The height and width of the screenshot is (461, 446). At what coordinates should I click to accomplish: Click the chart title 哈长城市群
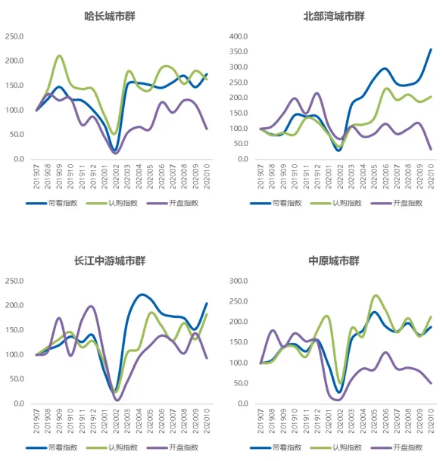(x=115, y=16)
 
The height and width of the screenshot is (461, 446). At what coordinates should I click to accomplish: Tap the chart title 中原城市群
(x=334, y=260)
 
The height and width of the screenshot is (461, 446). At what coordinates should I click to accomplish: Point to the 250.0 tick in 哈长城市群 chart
(x=14, y=36)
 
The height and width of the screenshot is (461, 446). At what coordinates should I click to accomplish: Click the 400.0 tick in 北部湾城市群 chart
(x=239, y=36)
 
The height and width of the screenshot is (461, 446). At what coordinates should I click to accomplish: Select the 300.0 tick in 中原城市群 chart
(x=239, y=281)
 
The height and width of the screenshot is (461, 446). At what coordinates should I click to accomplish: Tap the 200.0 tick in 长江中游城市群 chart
(x=14, y=306)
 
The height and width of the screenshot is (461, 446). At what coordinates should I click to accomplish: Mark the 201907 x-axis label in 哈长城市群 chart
(x=36, y=173)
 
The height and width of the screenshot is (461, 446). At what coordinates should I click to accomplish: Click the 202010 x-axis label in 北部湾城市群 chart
(x=432, y=173)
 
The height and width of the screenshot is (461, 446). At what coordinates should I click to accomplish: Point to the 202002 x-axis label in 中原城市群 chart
(x=340, y=418)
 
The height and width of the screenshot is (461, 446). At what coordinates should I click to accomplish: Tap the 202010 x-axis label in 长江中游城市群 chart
(x=207, y=418)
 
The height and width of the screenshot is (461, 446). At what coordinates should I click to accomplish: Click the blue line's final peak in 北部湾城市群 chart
(x=431, y=50)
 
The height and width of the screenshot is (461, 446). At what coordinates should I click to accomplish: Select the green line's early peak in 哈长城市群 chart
(x=59, y=56)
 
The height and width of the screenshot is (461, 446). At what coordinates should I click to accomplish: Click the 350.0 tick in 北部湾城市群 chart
(x=239, y=51)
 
